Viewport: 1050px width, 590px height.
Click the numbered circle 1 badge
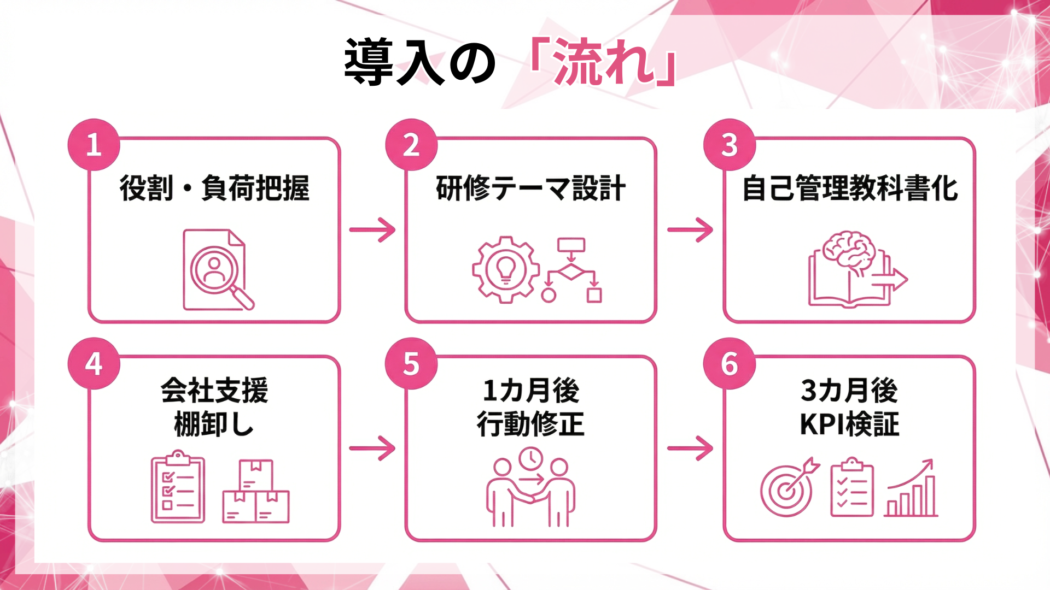pyautogui.click(x=94, y=145)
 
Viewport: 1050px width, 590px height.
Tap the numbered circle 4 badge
pyautogui.click(x=94, y=363)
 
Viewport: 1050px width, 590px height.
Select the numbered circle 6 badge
pyautogui.click(x=730, y=363)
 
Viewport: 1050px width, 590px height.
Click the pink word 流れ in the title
pyautogui.click(x=604, y=62)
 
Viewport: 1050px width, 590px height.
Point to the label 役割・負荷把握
pyautogui.click(x=214, y=188)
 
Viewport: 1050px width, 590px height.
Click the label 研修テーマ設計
pyautogui.click(x=530, y=188)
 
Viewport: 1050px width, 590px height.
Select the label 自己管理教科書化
pyautogui.click(x=849, y=188)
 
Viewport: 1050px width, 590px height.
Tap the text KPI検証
pyautogui.click(x=849, y=424)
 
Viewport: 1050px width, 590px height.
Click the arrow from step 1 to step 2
pyautogui.click(x=372, y=230)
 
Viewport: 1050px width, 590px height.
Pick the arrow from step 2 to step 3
pyautogui.click(x=690, y=230)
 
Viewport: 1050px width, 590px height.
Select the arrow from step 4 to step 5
pyautogui.click(x=372, y=449)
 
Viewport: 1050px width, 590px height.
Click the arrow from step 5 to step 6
pyautogui.click(x=690, y=449)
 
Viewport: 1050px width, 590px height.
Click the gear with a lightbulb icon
pyautogui.click(x=505, y=269)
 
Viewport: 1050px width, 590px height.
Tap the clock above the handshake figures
pyautogui.click(x=530, y=459)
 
